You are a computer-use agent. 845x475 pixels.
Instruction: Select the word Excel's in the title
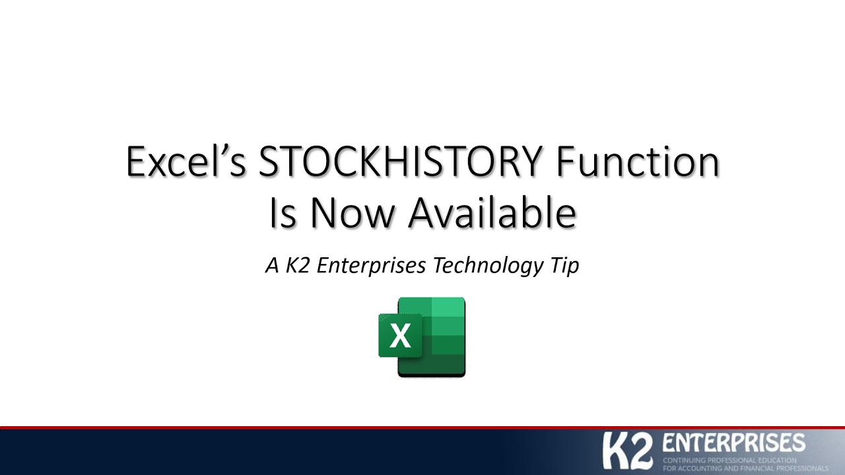tap(184, 162)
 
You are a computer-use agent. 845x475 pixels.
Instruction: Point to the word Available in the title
tap(492, 214)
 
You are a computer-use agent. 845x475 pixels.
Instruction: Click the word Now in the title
tap(353, 214)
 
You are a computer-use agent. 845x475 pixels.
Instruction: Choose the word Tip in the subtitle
tap(564, 266)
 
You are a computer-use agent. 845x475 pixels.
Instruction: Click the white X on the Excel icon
tap(400, 336)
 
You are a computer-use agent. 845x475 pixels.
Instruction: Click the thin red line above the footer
tap(422, 427)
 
